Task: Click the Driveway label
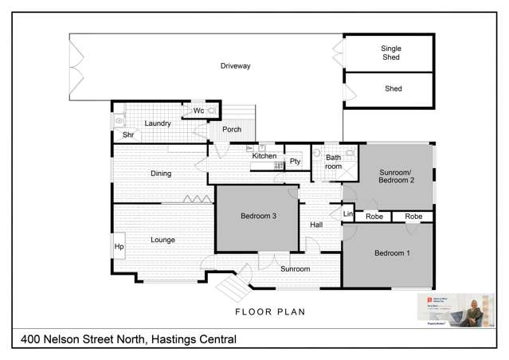click(235, 66)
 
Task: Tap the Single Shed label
click(391, 53)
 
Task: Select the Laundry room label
click(158, 123)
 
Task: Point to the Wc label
click(199, 111)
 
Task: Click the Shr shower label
click(127, 135)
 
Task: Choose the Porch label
click(232, 129)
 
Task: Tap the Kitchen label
click(264, 156)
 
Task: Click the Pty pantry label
click(295, 162)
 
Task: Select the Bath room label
click(333, 162)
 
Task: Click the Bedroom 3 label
click(258, 216)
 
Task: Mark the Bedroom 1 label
click(392, 253)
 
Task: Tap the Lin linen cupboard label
click(347, 214)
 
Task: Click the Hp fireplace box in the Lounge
click(119, 246)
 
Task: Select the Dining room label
click(161, 173)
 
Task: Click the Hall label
click(315, 225)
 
